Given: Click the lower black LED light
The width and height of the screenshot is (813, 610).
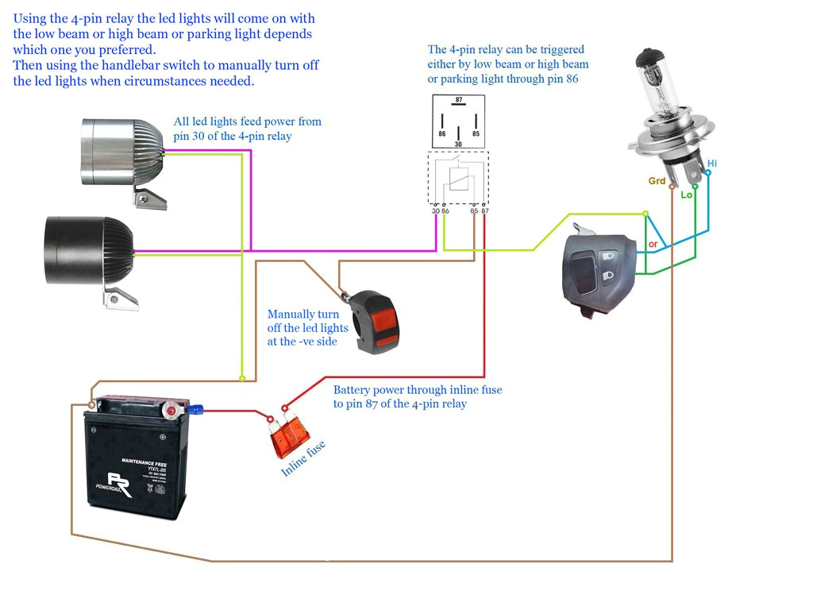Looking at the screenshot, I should point(87,250).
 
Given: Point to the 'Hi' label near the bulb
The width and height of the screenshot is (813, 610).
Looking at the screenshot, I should point(711,163).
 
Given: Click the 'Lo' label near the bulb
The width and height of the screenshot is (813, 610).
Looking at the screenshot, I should point(687,194).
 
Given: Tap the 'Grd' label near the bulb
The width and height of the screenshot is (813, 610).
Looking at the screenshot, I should point(657,181).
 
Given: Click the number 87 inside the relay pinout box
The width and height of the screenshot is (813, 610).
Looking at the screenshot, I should point(458,101).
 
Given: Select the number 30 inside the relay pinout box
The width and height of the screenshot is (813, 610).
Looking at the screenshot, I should point(458,144).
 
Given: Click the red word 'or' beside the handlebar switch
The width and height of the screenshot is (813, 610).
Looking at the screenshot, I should point(653,244).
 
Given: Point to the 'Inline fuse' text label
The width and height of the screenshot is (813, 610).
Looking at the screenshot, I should point(303,459).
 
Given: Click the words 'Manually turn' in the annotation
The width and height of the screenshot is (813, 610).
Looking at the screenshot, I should point(302,315).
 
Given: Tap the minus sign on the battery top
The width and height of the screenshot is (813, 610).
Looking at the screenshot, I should point(94,428).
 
